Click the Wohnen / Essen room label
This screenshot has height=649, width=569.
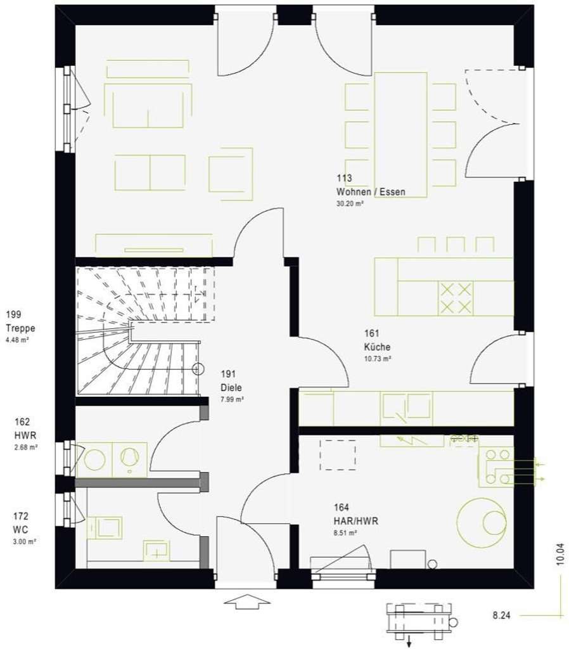(371, 191)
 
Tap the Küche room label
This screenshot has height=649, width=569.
(376, 347)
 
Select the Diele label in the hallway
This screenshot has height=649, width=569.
(231, 388)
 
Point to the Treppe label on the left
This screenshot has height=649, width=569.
(20, 328)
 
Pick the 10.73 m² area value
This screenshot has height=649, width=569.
(376, 359)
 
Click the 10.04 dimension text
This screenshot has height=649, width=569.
(559, 553)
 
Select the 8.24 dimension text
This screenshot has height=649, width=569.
(502, 614)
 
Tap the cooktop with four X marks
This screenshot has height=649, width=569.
(456, 298)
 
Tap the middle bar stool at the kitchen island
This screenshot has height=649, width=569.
(456, 245)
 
